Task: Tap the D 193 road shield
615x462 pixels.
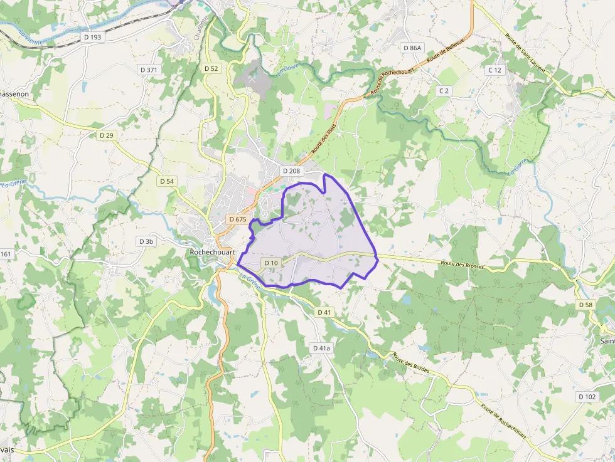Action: pos(92,37)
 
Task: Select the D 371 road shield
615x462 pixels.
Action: pos(149,70)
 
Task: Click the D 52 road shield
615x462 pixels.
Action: pos(211,68)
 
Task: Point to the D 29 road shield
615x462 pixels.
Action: pos(107,135)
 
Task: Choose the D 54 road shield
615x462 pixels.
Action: pos(166,181)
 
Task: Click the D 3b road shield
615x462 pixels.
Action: pos(146,241)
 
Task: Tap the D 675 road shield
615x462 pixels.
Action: pos(238,219)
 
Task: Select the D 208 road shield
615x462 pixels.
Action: pos(292,171)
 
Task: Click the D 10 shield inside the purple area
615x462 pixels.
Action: pos(271,263)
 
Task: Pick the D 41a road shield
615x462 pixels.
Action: pos(321,347)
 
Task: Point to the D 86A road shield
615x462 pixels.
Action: pos(413,48)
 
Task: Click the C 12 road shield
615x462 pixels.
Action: pos(495,70)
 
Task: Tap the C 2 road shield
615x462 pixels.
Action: pos(444,91)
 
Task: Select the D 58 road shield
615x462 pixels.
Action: pos(584,305)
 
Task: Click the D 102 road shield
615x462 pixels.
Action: pos(587,397)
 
